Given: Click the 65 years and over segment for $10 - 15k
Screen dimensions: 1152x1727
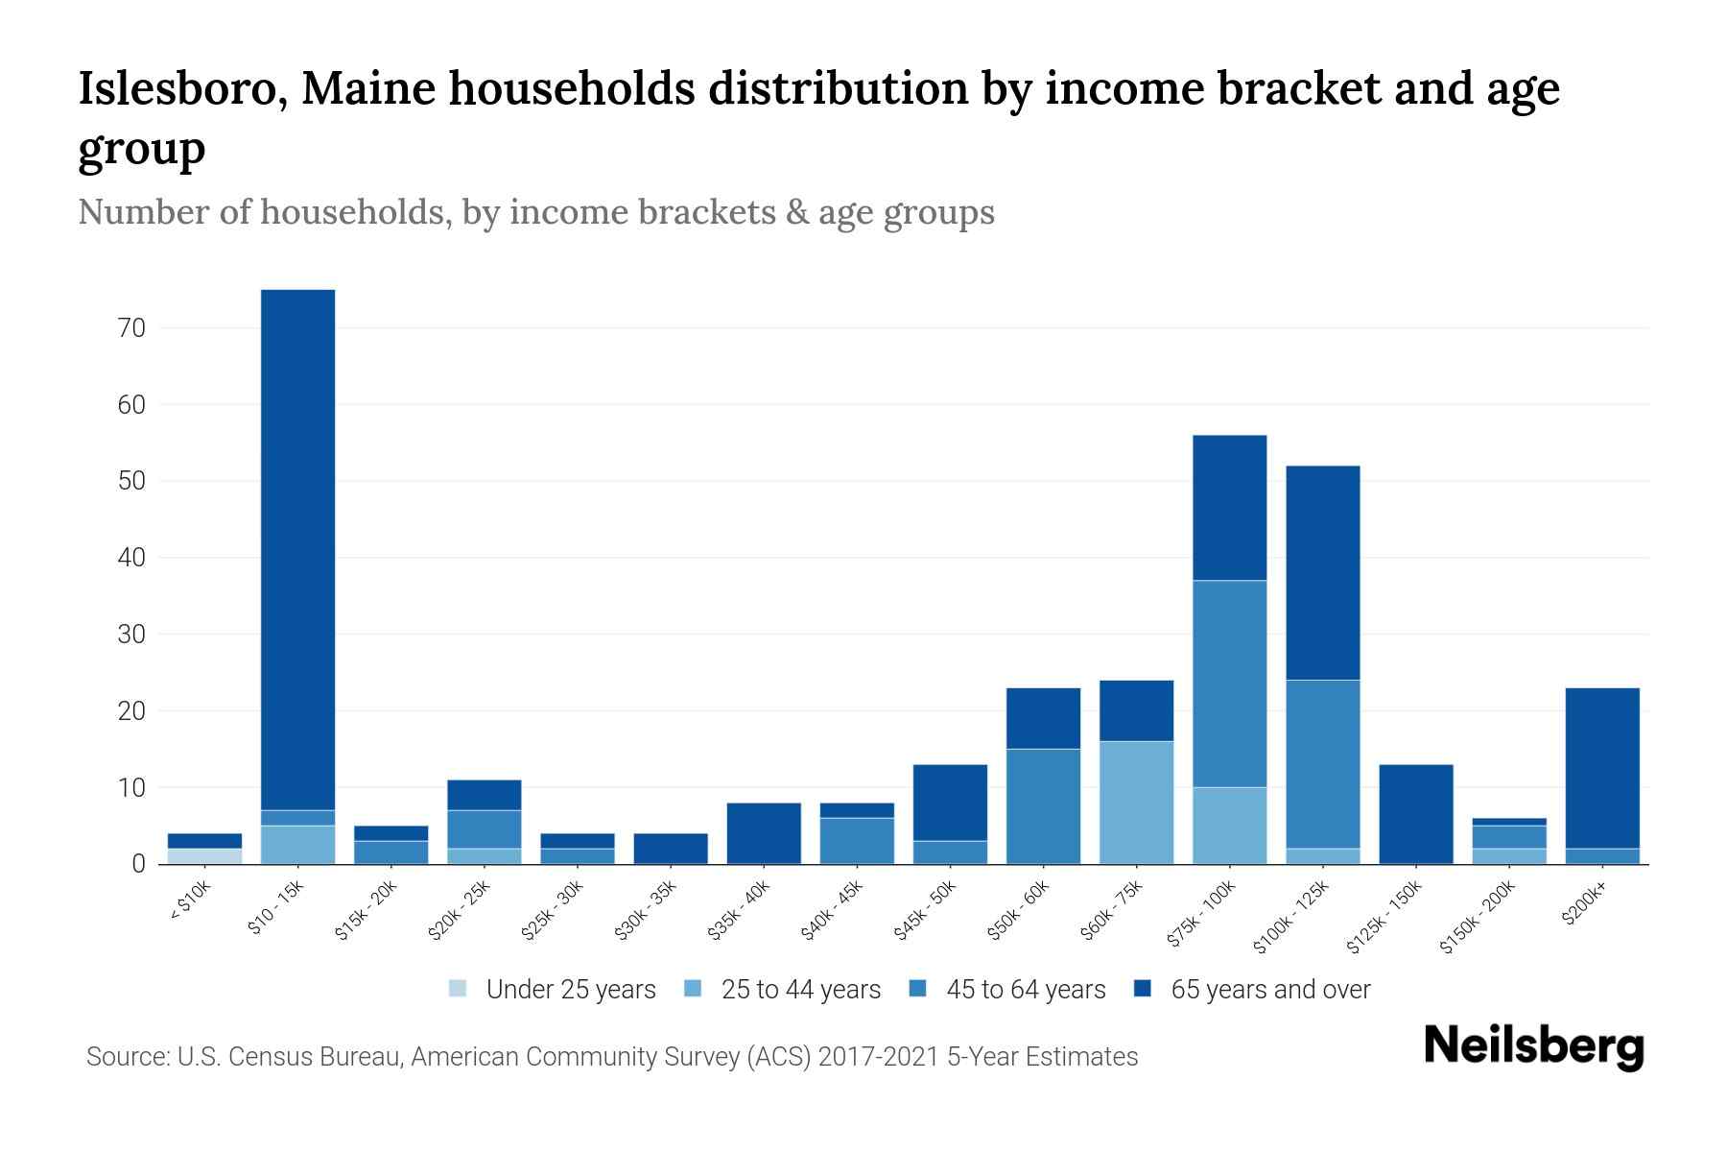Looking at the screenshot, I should point(297,549).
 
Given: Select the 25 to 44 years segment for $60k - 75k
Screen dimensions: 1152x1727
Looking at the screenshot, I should point(1136,802).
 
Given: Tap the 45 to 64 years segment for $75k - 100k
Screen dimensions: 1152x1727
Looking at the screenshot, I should point(1229,684).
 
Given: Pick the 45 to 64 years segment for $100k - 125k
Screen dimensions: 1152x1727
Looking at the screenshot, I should point(1322,764).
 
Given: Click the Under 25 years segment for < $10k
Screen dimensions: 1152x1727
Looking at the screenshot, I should point(204,855).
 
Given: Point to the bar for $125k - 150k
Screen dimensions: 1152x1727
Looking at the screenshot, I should point(1415,814).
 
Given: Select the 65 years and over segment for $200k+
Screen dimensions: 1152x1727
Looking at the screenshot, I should point(1601,768).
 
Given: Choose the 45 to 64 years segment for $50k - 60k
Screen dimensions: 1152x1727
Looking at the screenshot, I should point(1043,805).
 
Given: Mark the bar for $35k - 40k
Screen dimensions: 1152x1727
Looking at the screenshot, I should point(764,833).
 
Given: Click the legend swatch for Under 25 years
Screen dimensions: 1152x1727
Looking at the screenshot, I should point(459,988).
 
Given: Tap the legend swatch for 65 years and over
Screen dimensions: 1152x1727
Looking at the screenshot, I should point(1144,988).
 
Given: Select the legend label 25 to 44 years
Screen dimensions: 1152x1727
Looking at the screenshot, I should point(800,989).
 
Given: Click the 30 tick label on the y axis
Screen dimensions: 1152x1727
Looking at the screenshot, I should point(132,635).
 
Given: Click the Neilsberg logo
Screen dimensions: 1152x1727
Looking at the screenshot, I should point(1533,1046).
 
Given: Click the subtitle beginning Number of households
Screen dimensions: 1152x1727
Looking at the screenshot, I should point(536,212).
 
